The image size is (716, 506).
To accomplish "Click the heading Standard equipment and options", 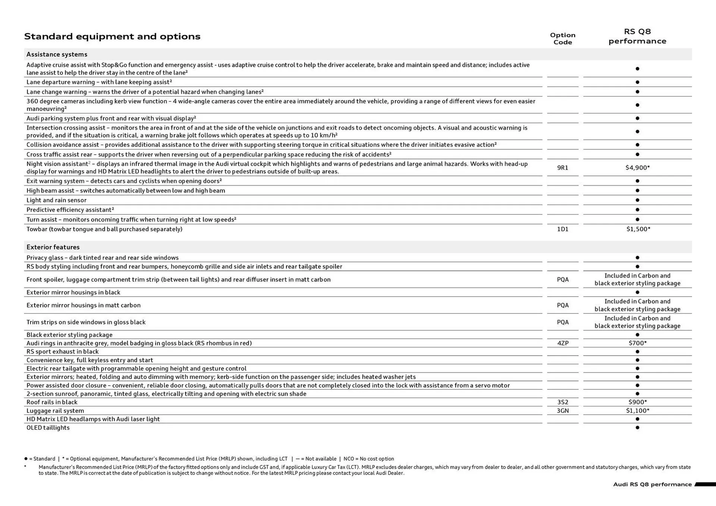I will [x=112, y=37].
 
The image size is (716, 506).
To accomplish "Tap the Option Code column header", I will [x=562, y=38].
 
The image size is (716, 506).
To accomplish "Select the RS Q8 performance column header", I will [x=637, y=36].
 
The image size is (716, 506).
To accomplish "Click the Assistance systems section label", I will [x=57, y=54].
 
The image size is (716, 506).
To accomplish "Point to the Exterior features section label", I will [x=53, y=247].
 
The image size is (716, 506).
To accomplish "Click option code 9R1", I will [x=562, y=168].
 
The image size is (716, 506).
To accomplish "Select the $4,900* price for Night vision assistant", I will [x=637, y=168].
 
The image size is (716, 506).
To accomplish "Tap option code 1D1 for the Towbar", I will [x=562, y=229].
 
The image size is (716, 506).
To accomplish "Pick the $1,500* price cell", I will [x=638, y=229].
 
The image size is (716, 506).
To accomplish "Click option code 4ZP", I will [x=563, y=343].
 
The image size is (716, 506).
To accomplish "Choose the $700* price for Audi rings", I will [x=637, y=343].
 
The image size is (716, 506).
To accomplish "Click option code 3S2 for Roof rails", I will [x=562, y=402].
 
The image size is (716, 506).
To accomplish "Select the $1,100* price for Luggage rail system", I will [x=637, y=411].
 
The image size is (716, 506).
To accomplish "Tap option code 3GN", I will [x=562, y=411].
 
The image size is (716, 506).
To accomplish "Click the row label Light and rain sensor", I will [x=56, y=200].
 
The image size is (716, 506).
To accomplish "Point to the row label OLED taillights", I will [x=48, y=428].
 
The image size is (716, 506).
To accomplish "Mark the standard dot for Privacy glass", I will [x=637, y=257].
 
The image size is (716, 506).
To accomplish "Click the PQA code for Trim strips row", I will [x=562, y=322].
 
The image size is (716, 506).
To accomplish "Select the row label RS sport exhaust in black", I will [x=62, y=351].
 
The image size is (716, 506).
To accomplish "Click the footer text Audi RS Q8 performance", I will [x=652, y=484].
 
